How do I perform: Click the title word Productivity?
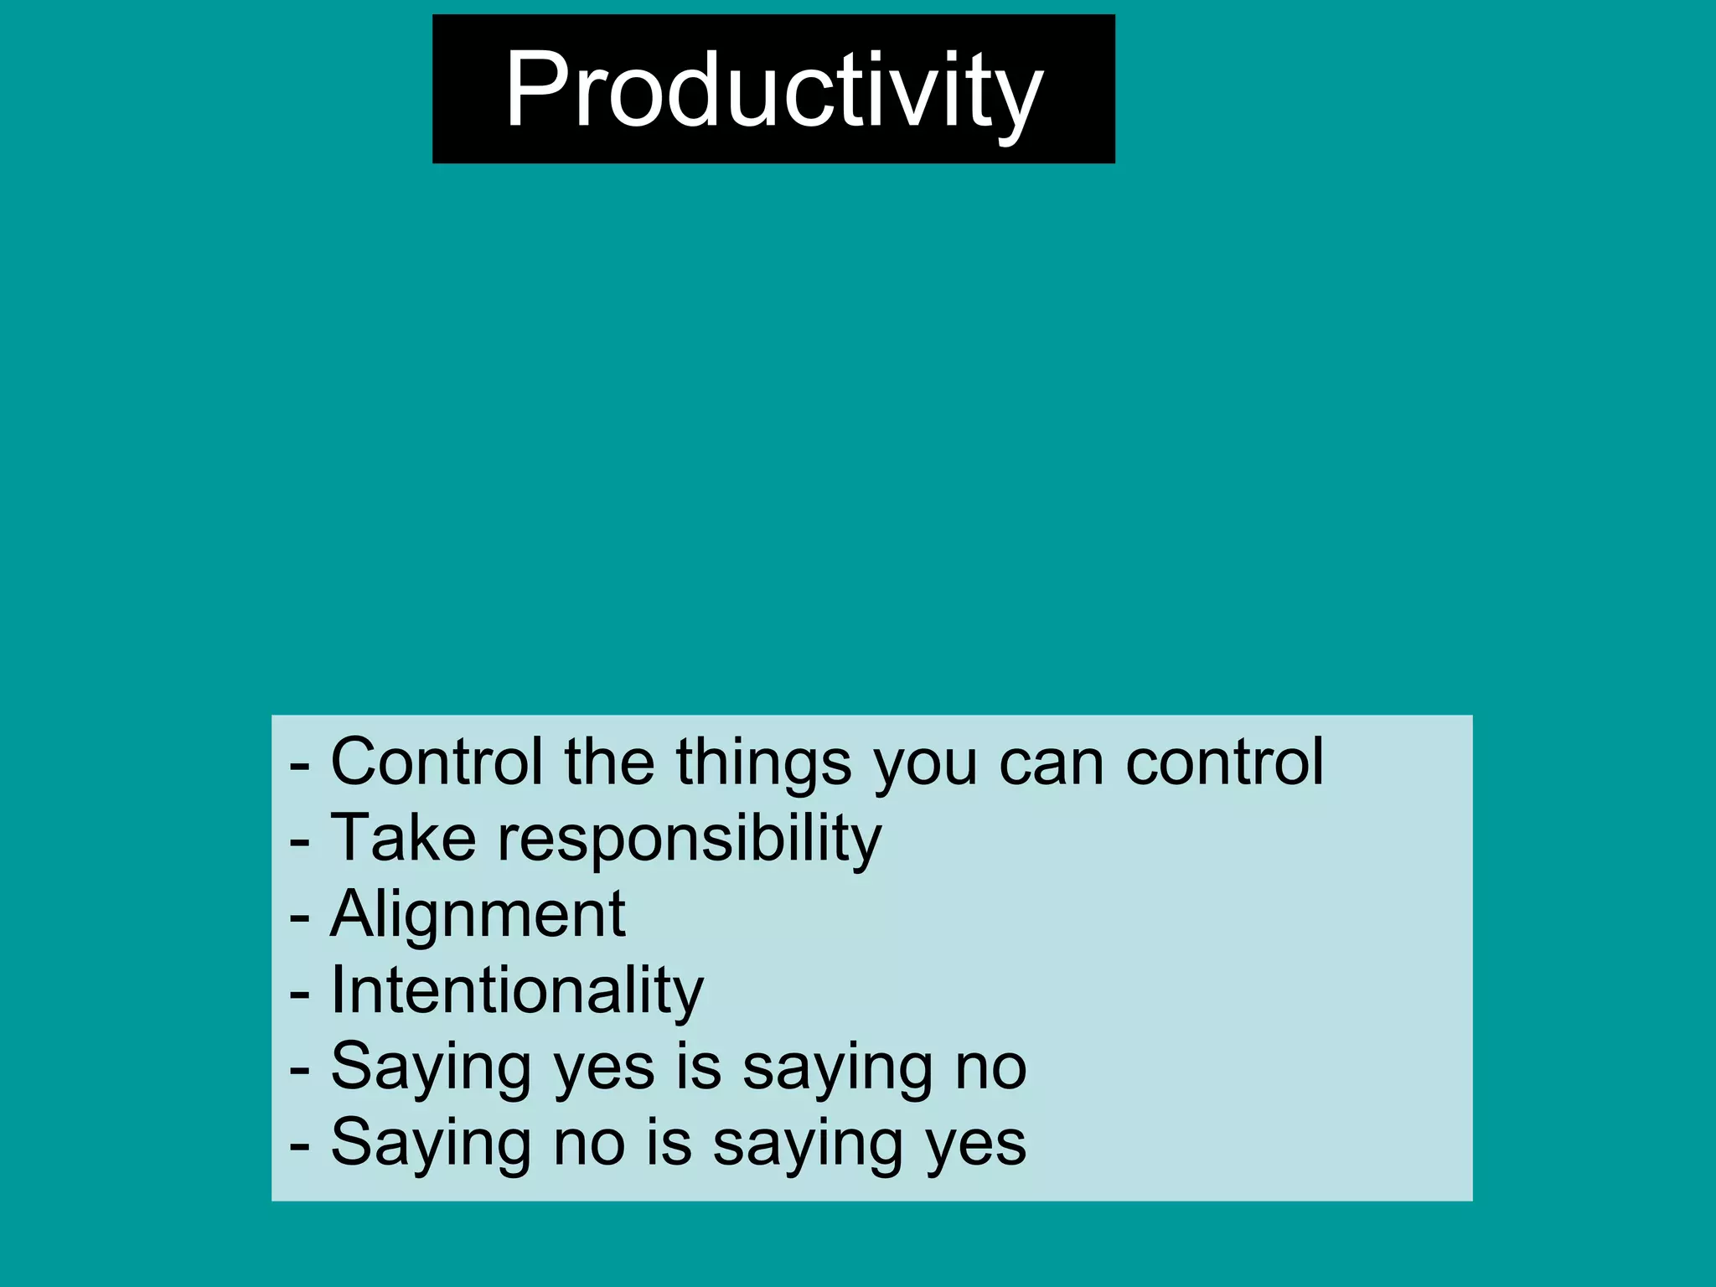coord(773,90)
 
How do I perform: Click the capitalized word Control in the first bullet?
coord(437,762)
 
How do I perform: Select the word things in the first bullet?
coord(763,763)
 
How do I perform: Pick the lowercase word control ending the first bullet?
coord(1224,762)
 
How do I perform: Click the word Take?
coord(404,838)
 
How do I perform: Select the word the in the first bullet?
coord(609,762)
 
